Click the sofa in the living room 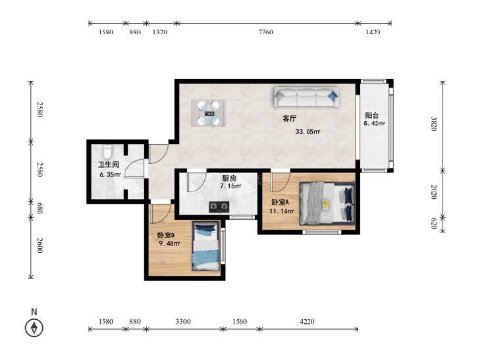point(306,97)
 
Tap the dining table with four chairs point(209,113)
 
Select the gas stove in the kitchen point(219,207)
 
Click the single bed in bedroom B point(206,246)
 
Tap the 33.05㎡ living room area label point(308,132)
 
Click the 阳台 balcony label point(371,116)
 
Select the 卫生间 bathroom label point(109,165)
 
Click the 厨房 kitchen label point(229,178)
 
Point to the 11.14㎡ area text point(282,211)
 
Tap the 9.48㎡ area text point(169,244)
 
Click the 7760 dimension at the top point(266,32)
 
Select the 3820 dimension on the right point(434,124)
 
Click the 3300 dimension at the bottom point(183,321)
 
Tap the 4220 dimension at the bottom point(307,321)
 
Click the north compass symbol point(34,328)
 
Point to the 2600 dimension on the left point(40,245)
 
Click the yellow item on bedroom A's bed point(327,204)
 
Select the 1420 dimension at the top point(373,32)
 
